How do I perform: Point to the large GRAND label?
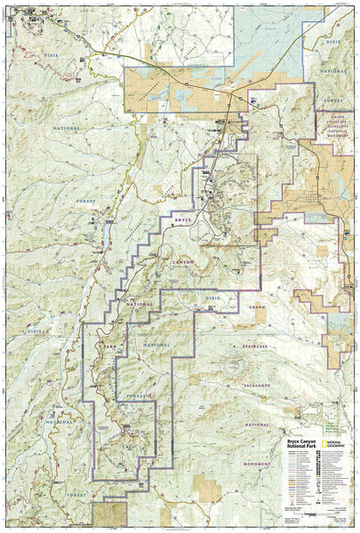pos(259,307)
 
